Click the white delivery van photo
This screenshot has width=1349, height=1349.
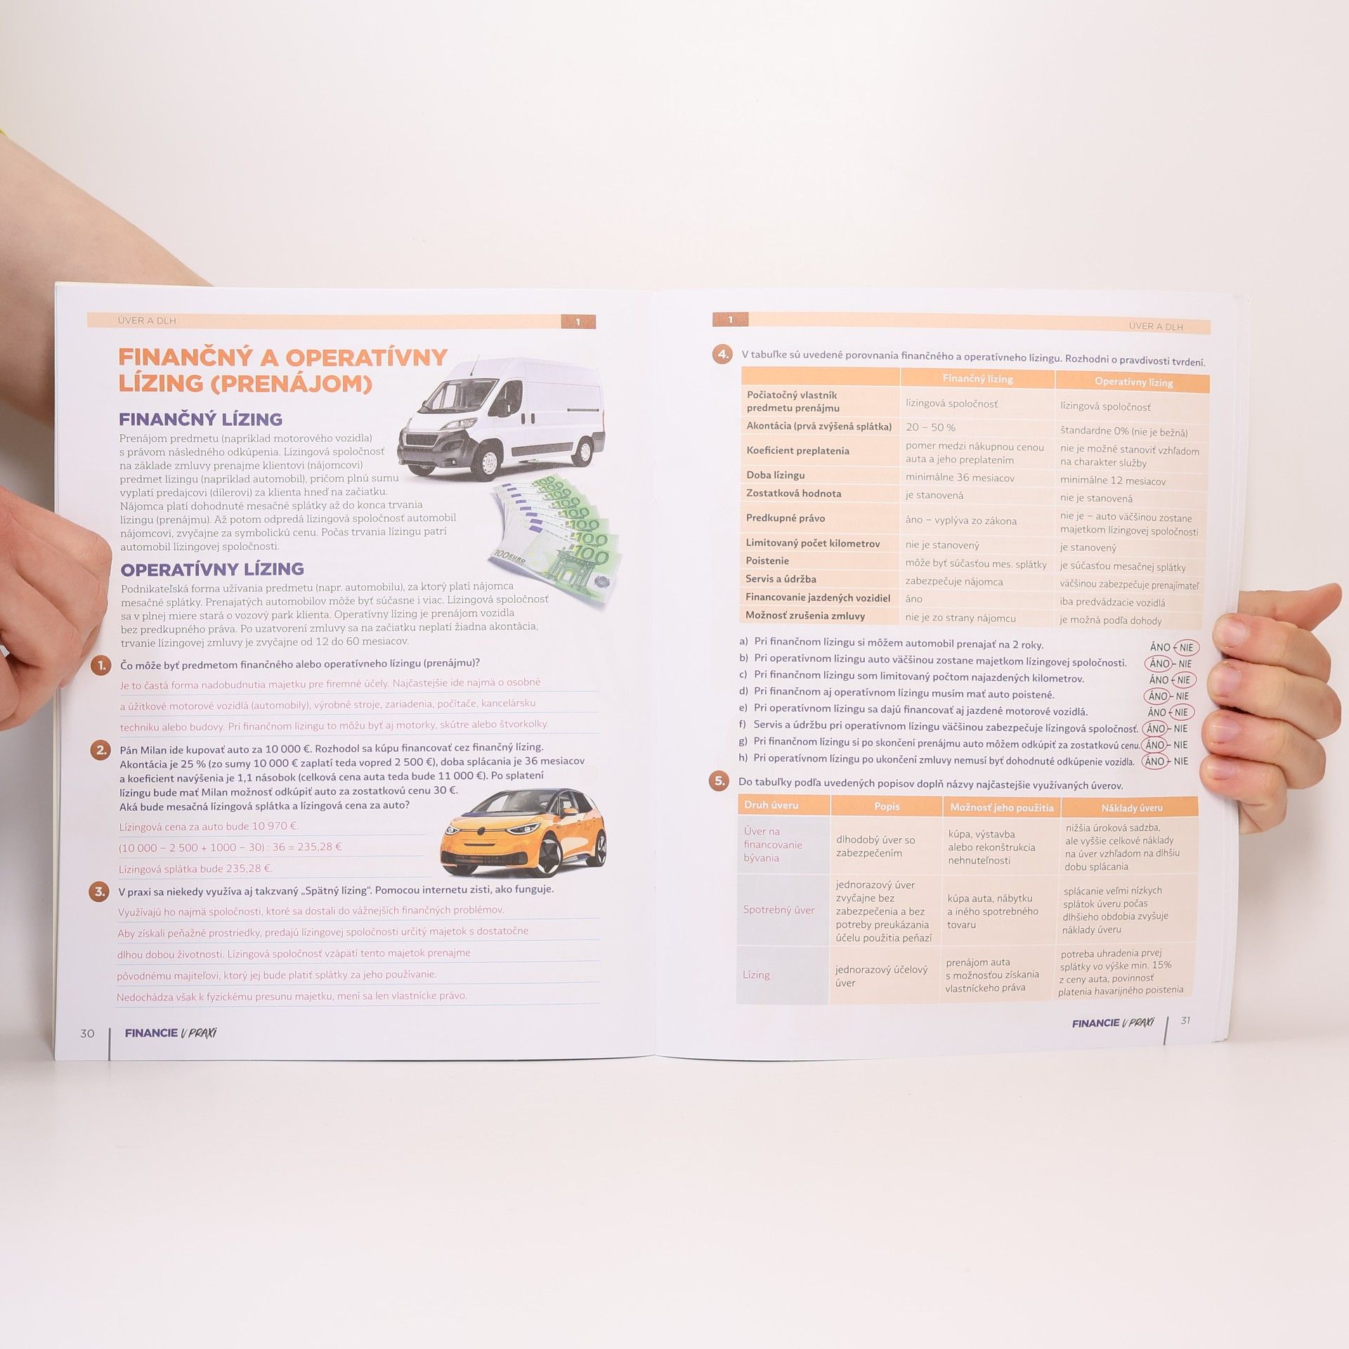(x=501, y=417)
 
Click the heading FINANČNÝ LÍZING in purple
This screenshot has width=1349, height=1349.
(x=200, y=419)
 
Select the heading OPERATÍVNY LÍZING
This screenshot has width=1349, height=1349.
(x=212, y=569)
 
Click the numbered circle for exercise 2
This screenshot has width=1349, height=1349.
(x=101, y=750)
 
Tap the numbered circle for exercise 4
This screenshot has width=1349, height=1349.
(x=722, y=354)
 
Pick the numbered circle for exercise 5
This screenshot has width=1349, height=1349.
(x=719, y=781)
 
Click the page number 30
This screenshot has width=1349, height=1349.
(x=87, y=1034)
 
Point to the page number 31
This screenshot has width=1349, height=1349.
(x=1185, y=1020)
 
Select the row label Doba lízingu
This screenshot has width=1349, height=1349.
(x=776, y=475)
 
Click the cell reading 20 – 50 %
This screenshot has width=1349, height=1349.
(x=930, y=427)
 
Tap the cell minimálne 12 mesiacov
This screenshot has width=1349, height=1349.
(x=1113, y=481)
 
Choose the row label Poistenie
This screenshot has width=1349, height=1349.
(x=767, y=561)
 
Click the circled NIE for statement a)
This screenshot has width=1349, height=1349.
(x=1186, y=648)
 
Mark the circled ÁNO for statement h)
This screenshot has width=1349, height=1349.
(x=1154, y=761)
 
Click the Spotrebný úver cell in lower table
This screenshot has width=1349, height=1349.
(x=778, y=910)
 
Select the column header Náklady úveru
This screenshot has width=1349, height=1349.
(x=1131, y=808)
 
